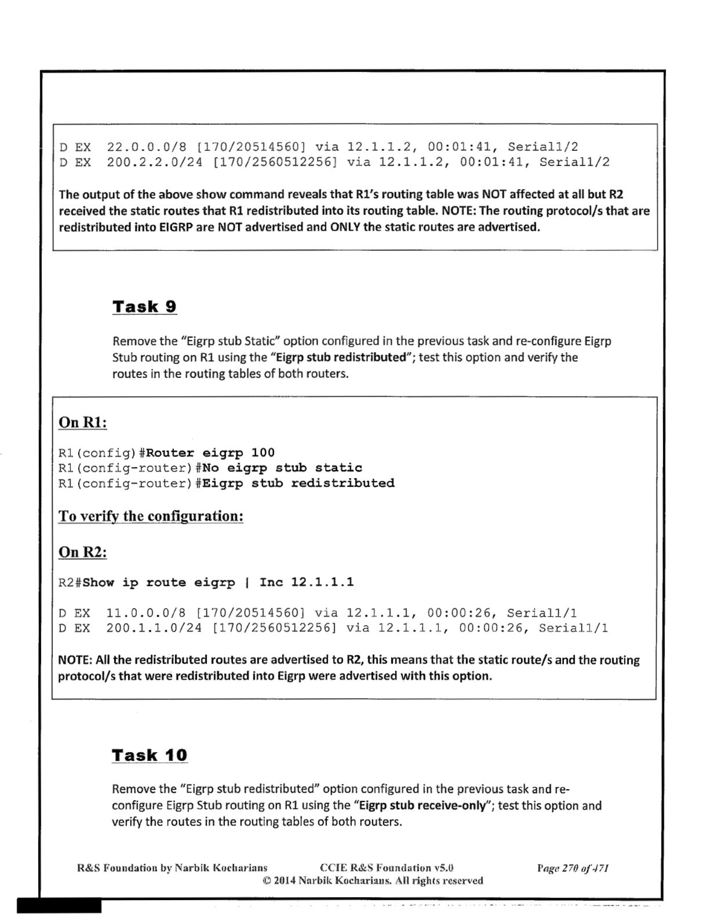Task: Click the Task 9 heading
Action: (x=144, y=307)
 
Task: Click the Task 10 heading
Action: (x=149, y=755)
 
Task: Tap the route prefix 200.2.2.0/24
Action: (x=155, y=162)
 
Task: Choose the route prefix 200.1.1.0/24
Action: (x=154, y=628)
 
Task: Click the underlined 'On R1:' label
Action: (x=83, y=422)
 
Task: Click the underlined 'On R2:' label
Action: (x=83, y=552)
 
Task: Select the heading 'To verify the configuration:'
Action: (x=151, y=516)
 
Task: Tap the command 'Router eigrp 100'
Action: (x=210, y=453)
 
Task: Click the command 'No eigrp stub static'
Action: (x=282, y=468)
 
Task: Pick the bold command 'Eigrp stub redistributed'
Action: (x=299, y=483)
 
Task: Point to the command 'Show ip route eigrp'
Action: (x=159, y=582)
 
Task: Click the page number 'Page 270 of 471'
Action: (x=573, y=868)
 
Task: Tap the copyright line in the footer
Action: (x=373, y=880)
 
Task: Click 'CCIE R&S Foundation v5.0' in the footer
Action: (x=387, y=868)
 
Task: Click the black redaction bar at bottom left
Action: (x=59, y=905)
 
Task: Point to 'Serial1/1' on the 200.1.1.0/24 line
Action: (x=573, y=628)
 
